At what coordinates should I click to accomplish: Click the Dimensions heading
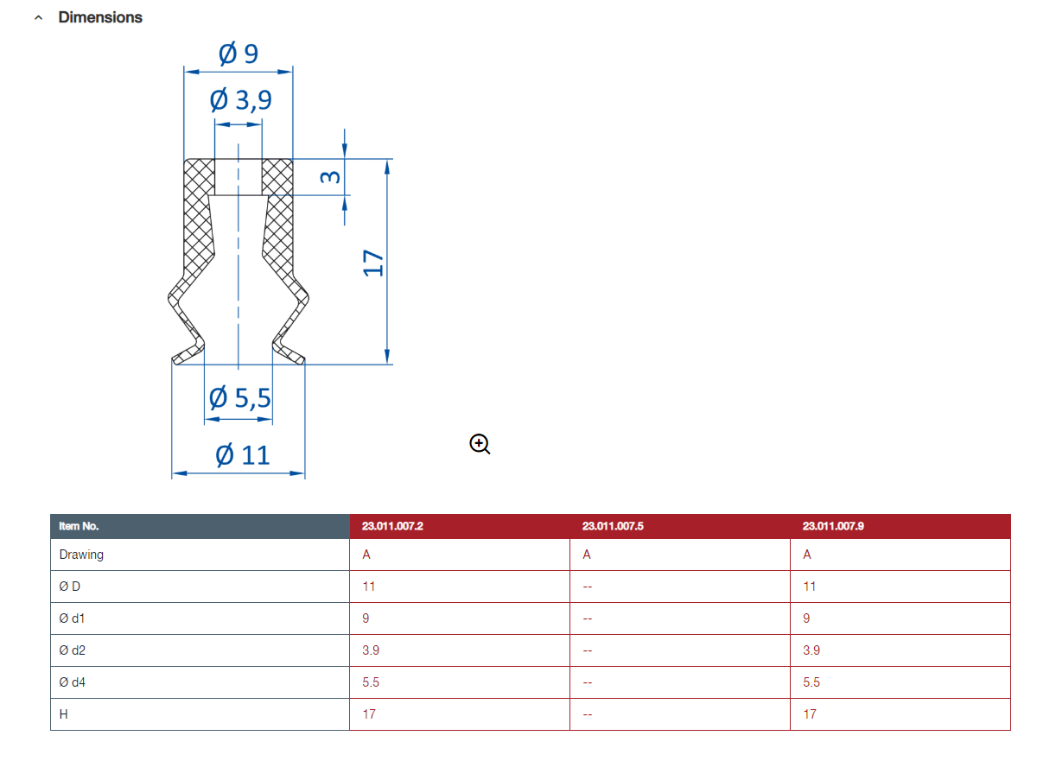[100, 17]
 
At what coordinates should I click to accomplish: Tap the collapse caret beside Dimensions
[39, 18]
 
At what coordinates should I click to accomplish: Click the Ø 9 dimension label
[239, 54]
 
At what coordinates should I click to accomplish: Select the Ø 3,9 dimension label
[240, 100]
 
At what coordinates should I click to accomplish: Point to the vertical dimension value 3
[330, 177]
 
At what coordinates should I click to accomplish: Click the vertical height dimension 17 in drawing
[373, 263]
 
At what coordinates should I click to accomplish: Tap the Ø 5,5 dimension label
[240, 397]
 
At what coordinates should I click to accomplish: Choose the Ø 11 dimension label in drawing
[242, 455]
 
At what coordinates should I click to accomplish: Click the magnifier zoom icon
[480, 444]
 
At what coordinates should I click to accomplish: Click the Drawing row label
[81, 555]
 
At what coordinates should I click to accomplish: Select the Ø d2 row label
[72, 650]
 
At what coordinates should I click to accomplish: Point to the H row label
[64, 714]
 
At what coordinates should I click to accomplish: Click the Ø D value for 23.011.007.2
[369, 587]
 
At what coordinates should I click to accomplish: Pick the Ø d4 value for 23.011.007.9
[811, 682]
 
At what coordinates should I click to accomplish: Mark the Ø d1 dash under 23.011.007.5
[588, 618]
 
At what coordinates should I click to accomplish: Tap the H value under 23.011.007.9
[810, 714]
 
